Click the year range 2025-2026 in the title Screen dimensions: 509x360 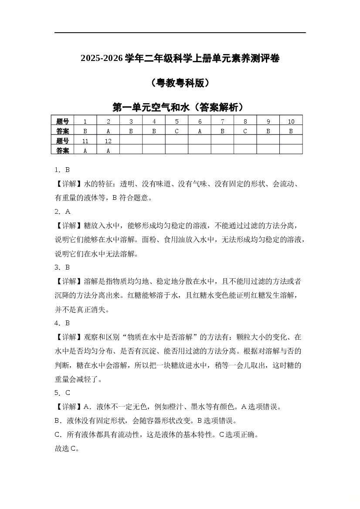pos(102,58)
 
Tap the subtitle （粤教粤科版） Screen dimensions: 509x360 pos(180,83)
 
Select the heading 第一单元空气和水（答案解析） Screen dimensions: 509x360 pos(180,107)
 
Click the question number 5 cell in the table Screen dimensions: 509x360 pos(177,121)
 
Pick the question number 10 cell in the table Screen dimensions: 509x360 pos(291,121)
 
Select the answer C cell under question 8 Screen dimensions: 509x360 pos(245,131)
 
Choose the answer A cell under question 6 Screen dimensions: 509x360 pos(200,131)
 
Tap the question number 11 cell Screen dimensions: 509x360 pos(85,141)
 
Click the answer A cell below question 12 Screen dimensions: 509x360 pos(108,150)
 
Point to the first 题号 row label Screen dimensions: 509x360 pos(63,121)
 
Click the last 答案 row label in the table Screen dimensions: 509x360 pos(63,150)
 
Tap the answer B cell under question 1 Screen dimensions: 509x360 pos(85,131)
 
